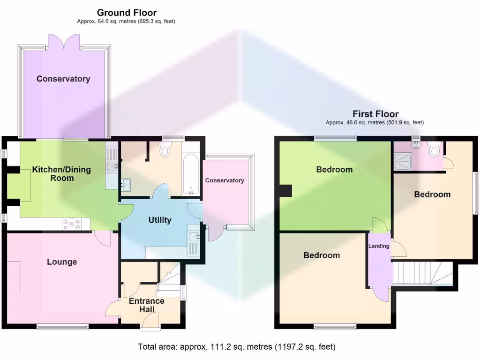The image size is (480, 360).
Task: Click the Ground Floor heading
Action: pyautogui.click(x=127, y=13)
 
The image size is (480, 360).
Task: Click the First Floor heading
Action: pyautogui.click(x=375, y=114)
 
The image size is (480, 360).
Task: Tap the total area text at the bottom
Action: pyautogui.click(x=237, y=347)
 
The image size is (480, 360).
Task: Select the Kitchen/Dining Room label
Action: pyautogui.click(x=61, y=174)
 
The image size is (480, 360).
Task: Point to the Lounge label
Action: pyautogui.click(x=62, y=262)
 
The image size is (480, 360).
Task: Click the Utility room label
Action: pyautogui.click(x=160, y=220)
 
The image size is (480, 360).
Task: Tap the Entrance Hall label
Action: pyautogui.click(x=147, y=305)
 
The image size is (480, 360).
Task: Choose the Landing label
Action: pyautogui.click(x=379, y=247)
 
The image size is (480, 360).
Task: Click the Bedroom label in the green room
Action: pyautogui.click(x=334, y=170)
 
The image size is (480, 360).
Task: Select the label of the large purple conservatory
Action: pyautogui.click(x=63, y=79)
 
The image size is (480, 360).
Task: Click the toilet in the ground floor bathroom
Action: pyautogui.click(x=165, y=151)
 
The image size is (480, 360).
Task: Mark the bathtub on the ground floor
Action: pyautogui.click(x=191, y=173)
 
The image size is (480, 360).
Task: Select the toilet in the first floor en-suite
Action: pyautogui.click(x=435, y=151)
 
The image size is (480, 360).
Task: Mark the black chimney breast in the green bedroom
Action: pyautogui.click(x=285, y=191)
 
